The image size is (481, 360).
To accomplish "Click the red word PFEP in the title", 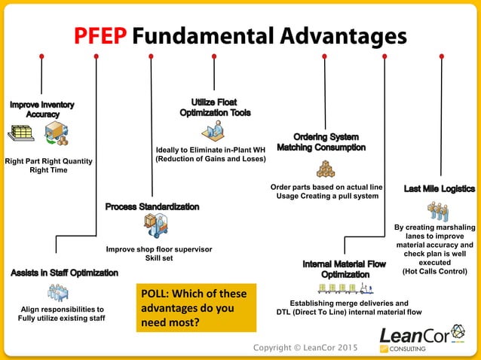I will point(105,35).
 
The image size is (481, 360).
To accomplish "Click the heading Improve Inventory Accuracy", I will point(42,108).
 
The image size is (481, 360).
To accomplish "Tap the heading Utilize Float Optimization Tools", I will point(215,106).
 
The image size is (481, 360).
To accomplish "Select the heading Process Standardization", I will point(152,206).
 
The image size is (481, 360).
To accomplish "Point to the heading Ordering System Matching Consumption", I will point(321,142).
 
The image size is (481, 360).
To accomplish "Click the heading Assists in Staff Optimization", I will point(64,273).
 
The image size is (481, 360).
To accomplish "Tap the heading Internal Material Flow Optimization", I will point(344,270).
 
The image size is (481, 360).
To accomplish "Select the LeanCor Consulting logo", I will point(424,339).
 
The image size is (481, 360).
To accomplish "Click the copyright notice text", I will point(305,348).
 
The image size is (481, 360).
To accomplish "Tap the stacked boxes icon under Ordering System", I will point(325,168).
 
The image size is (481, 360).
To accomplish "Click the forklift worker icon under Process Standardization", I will point(156,225).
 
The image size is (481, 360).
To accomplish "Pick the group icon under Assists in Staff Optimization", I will point(59,292).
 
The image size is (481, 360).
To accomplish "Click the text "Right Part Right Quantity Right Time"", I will point(48,165).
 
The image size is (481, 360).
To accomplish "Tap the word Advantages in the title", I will point(324,35).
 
